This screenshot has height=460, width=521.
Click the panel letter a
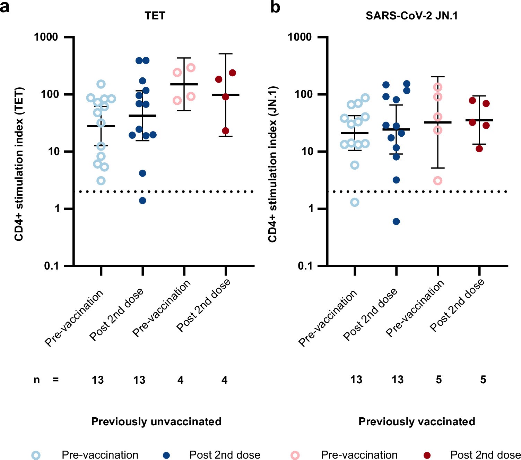[x=5, y=7]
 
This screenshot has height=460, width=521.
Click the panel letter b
[x=275, y=7]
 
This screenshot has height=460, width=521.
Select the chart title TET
[x=155, y=16]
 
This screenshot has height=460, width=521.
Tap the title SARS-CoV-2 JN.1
[x=411, y=16]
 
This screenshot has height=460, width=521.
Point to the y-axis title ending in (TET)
[x=19, y=164]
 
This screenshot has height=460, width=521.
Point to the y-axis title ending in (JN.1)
[x=273, y=164]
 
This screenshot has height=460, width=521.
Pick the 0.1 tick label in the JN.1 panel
[x=305, y=266]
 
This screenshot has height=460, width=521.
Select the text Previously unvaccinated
[x=156, y=421]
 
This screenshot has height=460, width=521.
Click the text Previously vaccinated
[x=417, y=421]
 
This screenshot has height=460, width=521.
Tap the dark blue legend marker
[x=166, y=455]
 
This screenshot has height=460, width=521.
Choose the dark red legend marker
[x=427, y=455]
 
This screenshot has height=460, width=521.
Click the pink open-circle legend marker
[x=295, y=455]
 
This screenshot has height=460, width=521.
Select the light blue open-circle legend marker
[x=36, y=455]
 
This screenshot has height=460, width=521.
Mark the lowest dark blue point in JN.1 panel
[x=396, y=222]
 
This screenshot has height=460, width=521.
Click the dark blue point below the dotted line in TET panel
[x=142, y=201]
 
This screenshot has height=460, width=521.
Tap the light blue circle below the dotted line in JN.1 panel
[x=355, y=202]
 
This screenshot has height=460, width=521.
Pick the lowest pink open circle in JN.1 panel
[x=438, y=180]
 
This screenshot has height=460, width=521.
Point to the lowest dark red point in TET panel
[x=226, y=131]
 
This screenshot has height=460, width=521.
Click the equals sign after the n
[x=55, y=380]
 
